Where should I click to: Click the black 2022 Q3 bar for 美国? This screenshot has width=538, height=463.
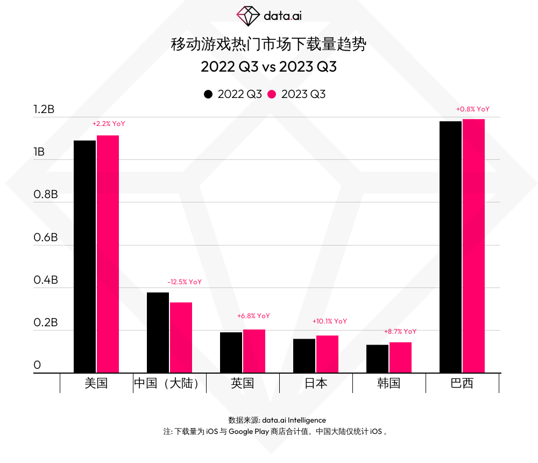coord(84,256)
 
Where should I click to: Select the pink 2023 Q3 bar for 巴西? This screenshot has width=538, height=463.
coord(473,245)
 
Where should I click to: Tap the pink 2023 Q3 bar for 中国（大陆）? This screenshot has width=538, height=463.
coord(181,337)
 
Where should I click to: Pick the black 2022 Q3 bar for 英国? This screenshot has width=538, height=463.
coord(231,352)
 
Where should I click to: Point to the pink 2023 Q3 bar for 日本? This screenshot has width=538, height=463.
coord(327,354)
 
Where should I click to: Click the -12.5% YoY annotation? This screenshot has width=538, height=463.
coord(185,282)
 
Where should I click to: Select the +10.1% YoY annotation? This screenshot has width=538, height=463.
coord(330,321)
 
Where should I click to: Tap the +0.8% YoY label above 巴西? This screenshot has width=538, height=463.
coord(473,109)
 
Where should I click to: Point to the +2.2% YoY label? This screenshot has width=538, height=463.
coord(109,124)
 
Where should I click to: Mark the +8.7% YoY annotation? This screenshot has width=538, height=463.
coord(400,332)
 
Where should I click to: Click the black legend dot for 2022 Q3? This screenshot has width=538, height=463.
coord(208,94)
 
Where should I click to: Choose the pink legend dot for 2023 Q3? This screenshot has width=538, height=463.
coord(272,94)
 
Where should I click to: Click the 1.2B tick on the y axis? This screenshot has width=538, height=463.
coord(44,109)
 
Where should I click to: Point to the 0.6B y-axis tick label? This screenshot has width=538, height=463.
coord(45,237)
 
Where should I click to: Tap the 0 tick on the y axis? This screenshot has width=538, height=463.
coord(37,365)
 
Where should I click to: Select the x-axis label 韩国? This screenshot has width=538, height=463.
coord(388,383)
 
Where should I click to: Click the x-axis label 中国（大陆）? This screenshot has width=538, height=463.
coord(169,383)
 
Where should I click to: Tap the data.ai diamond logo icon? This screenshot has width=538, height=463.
coord(248,16)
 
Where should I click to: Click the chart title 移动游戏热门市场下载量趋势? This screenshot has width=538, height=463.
coord(268,45)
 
